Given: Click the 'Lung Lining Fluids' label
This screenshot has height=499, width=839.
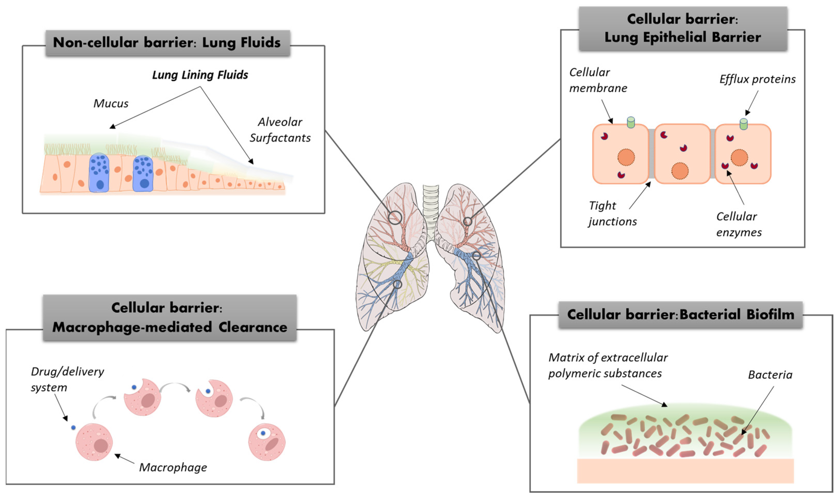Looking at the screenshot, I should pos(200,75).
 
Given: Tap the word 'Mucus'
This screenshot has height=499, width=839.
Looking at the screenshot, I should pos(111,103).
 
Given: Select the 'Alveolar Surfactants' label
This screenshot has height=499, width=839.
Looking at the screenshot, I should pos(280,130).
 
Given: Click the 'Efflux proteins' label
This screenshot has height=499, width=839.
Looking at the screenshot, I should pos(757,79).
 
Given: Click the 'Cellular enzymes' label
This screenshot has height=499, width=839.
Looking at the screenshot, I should pos(739,224).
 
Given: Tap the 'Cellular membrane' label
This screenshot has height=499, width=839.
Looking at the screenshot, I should pos(598,80).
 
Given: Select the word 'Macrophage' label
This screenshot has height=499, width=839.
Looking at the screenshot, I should pos(173,467).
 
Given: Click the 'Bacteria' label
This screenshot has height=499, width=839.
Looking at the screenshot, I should pos(770,375).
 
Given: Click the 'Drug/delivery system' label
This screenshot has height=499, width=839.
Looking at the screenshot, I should pos(67,379).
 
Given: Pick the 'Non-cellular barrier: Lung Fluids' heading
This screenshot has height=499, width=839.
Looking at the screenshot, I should pos(167,43).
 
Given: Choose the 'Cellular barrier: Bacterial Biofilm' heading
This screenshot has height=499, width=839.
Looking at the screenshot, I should pos(680,314).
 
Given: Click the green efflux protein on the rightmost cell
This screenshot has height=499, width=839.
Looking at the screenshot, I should pos(743,124).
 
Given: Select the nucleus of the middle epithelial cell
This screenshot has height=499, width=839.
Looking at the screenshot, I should pos(680,171).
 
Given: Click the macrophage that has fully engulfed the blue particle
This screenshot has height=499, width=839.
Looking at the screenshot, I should pos(266,442).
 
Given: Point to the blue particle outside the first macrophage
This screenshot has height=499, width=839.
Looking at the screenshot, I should pos(73,427).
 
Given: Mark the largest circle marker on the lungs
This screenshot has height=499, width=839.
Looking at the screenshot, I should pos(395,218).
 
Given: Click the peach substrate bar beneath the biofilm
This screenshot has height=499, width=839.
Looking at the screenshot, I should pos(685,471).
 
